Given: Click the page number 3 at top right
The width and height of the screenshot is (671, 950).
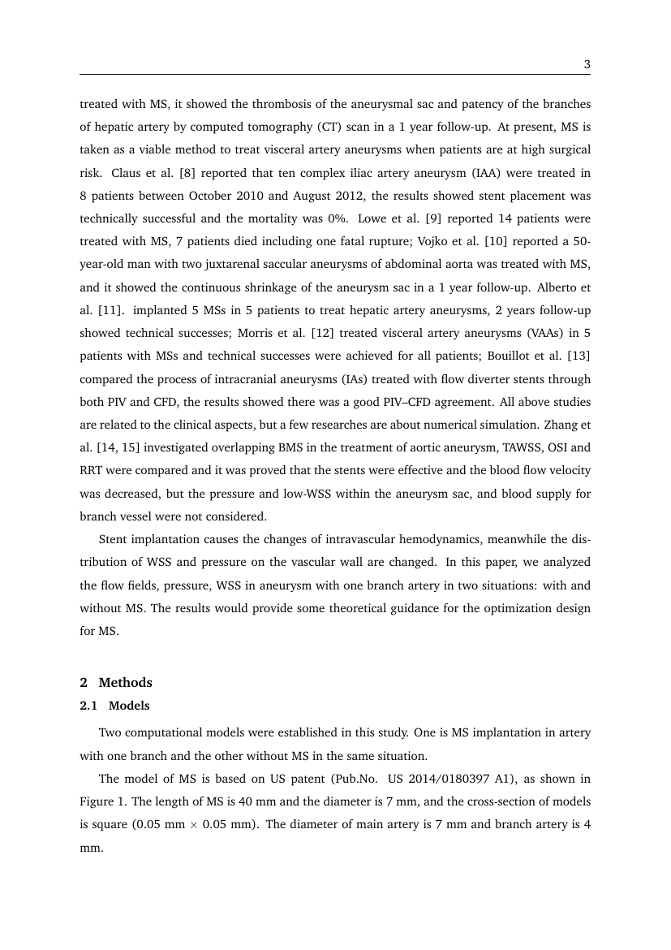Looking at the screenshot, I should pos(586,64).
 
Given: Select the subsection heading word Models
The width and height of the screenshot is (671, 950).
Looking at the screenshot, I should pos(129,706).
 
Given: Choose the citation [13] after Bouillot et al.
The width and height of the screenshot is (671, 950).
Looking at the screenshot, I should pos(579,356).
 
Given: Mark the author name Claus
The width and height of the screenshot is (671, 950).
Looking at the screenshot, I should pos(127,173).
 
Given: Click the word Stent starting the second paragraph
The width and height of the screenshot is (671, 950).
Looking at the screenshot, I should pos(114,539).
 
